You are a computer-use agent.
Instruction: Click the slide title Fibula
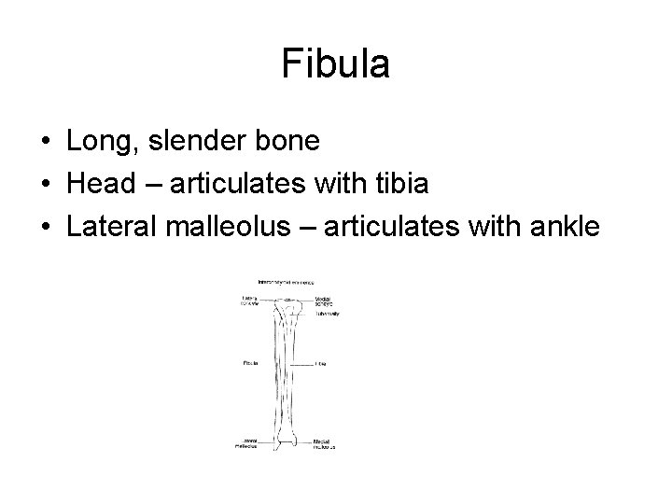335,65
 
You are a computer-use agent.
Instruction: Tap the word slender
199,142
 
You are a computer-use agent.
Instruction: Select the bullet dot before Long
46,143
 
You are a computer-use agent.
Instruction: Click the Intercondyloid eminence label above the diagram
287,281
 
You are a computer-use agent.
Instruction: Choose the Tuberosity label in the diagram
327,315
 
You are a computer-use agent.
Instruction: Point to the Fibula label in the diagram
248,363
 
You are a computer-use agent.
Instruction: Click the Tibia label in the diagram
320,363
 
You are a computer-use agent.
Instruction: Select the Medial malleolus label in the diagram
323,444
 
